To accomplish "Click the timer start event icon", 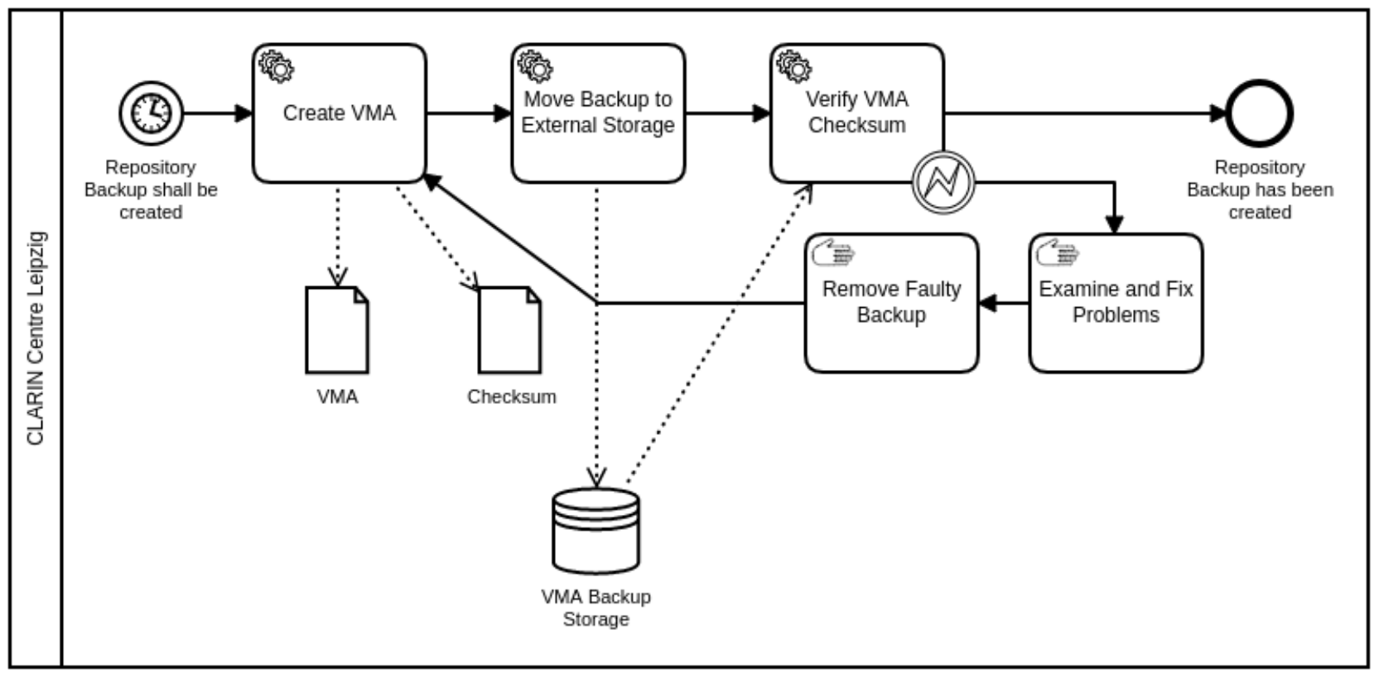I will coord(151,113).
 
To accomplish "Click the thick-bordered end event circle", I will coord(1259,113).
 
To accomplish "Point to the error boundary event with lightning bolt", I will coord(943,181).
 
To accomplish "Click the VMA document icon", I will coord(337,330).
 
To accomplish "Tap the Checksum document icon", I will coord(509,330).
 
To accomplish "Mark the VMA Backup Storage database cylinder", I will coord(595,531).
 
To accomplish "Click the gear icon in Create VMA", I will coord(276,66).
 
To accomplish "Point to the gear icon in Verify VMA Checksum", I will coord(793,66).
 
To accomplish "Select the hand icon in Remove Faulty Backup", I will coord(833,252).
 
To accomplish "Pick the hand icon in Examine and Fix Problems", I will coord(1058,252).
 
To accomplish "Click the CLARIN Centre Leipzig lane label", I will coord(36,338).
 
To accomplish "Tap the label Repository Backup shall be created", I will coord(151,190).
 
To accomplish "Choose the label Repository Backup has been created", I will coord(1260,190).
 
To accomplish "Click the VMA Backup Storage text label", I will coord(595,608).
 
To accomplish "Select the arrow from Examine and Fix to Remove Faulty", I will coord(1004,304).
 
